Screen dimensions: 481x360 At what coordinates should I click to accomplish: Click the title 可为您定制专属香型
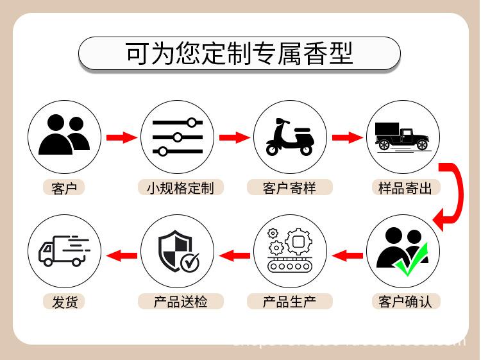(239, 53)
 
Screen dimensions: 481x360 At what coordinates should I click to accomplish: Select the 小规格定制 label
(180, 188)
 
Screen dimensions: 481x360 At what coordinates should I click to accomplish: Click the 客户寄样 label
(289, 188)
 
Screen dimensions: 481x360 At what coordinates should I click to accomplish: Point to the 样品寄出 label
(401, 188)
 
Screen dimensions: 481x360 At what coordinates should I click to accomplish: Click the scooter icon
(289, 137)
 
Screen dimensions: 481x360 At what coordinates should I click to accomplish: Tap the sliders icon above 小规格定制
(177, 137)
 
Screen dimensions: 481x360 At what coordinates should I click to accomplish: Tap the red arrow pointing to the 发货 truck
(121, 256)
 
